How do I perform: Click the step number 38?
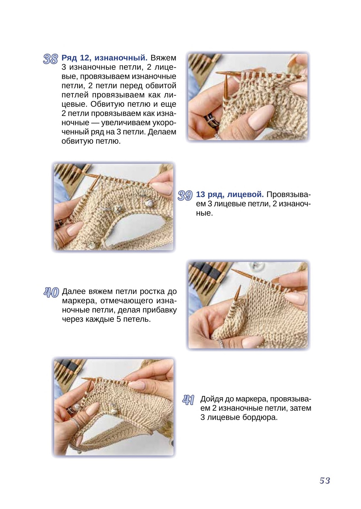coord(51,59)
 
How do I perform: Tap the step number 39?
coord(185,196)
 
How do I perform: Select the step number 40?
coord(51,292)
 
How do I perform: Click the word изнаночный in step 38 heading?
coord(121,58)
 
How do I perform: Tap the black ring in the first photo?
coord(211,119)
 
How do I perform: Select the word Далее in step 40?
coord(74,291)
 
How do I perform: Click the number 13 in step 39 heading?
coord(201,194)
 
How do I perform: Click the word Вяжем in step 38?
coord(163,58)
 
